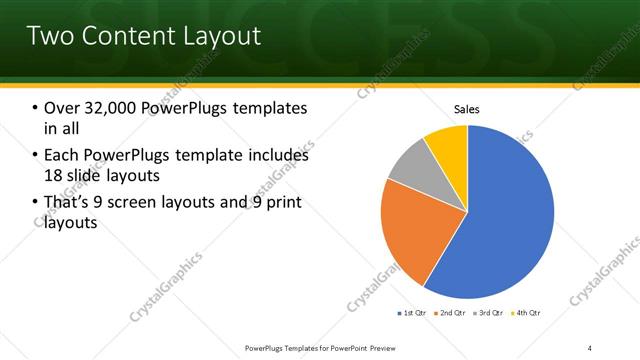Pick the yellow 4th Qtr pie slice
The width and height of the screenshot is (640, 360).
(x=447, y=145)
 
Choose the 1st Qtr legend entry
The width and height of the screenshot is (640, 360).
(x=414, y=313)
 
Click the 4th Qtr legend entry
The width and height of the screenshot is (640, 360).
(x=529, y=313)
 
